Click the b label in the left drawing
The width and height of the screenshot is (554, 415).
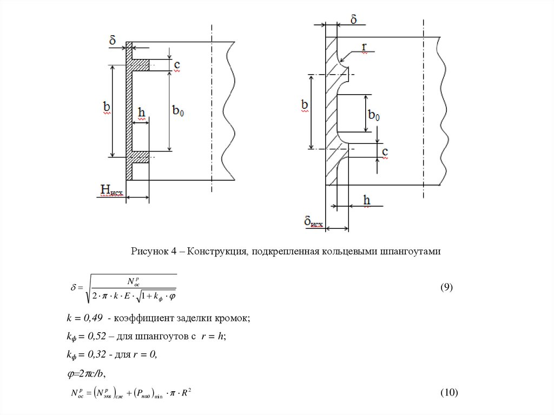(107, 108)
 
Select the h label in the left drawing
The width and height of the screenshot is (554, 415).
(141, 113)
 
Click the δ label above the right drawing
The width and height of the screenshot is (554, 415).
(353, 20)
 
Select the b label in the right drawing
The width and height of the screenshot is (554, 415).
(305, 105)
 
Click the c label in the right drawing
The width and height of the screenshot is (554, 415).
(385, 152)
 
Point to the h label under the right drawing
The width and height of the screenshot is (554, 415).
(367, 201)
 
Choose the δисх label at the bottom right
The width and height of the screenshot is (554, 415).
(313, 221)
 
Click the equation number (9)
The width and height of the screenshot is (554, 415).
(446, 287)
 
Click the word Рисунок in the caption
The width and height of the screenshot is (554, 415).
(148, 252)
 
